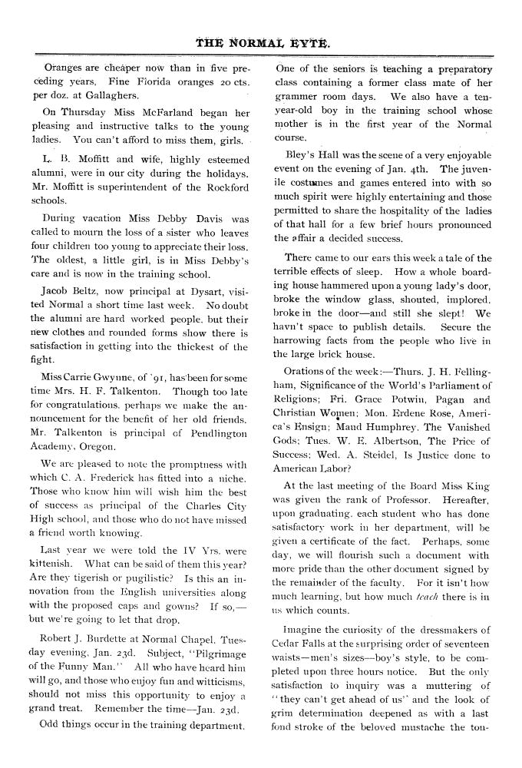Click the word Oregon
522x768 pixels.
click(x=94, y=446)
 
